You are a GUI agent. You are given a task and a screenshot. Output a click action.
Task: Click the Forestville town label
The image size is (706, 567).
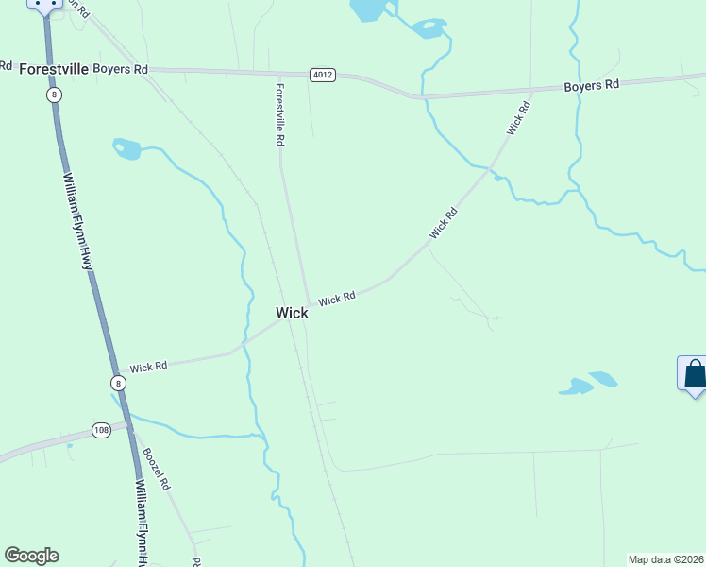54,69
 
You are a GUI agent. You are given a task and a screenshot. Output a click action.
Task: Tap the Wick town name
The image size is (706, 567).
292,313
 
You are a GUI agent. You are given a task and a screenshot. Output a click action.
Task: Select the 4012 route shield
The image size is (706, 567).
323,75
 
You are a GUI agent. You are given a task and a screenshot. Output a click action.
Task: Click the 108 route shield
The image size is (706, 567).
102,430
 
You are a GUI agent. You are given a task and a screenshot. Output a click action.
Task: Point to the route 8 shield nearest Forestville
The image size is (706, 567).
56,94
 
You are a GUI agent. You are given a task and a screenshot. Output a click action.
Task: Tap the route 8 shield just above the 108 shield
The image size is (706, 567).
117,383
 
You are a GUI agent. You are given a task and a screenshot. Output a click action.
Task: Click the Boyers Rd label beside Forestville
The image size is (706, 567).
121,69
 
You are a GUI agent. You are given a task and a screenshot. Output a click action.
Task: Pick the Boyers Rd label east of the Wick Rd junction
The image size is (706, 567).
591,85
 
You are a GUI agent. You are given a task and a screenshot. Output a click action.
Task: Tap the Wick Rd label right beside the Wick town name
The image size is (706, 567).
336,299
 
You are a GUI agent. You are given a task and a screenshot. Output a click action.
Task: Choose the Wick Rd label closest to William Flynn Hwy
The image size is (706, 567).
148,366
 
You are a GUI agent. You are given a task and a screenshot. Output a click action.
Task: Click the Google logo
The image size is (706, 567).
31,556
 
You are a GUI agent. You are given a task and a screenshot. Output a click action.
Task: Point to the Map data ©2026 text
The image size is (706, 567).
666,559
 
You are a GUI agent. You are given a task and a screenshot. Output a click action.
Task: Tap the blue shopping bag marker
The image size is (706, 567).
694,373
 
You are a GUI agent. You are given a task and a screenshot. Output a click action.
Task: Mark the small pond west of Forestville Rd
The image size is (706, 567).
126,148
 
